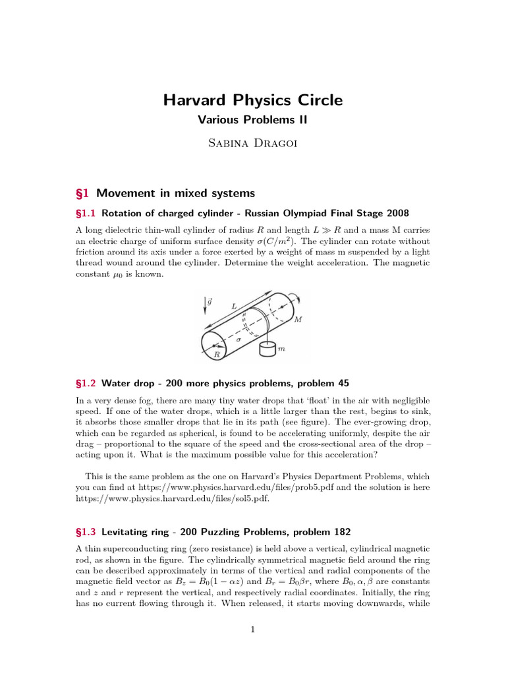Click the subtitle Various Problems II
[253, 120]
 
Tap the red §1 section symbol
[83, 193]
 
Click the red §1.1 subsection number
[86, 213]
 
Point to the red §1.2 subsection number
[86, 383]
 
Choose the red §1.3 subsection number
[86, 531]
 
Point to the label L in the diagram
[234, 306]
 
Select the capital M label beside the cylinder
[298, 320]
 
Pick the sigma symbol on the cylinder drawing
[238, 340]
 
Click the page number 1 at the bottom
[253, 630]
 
